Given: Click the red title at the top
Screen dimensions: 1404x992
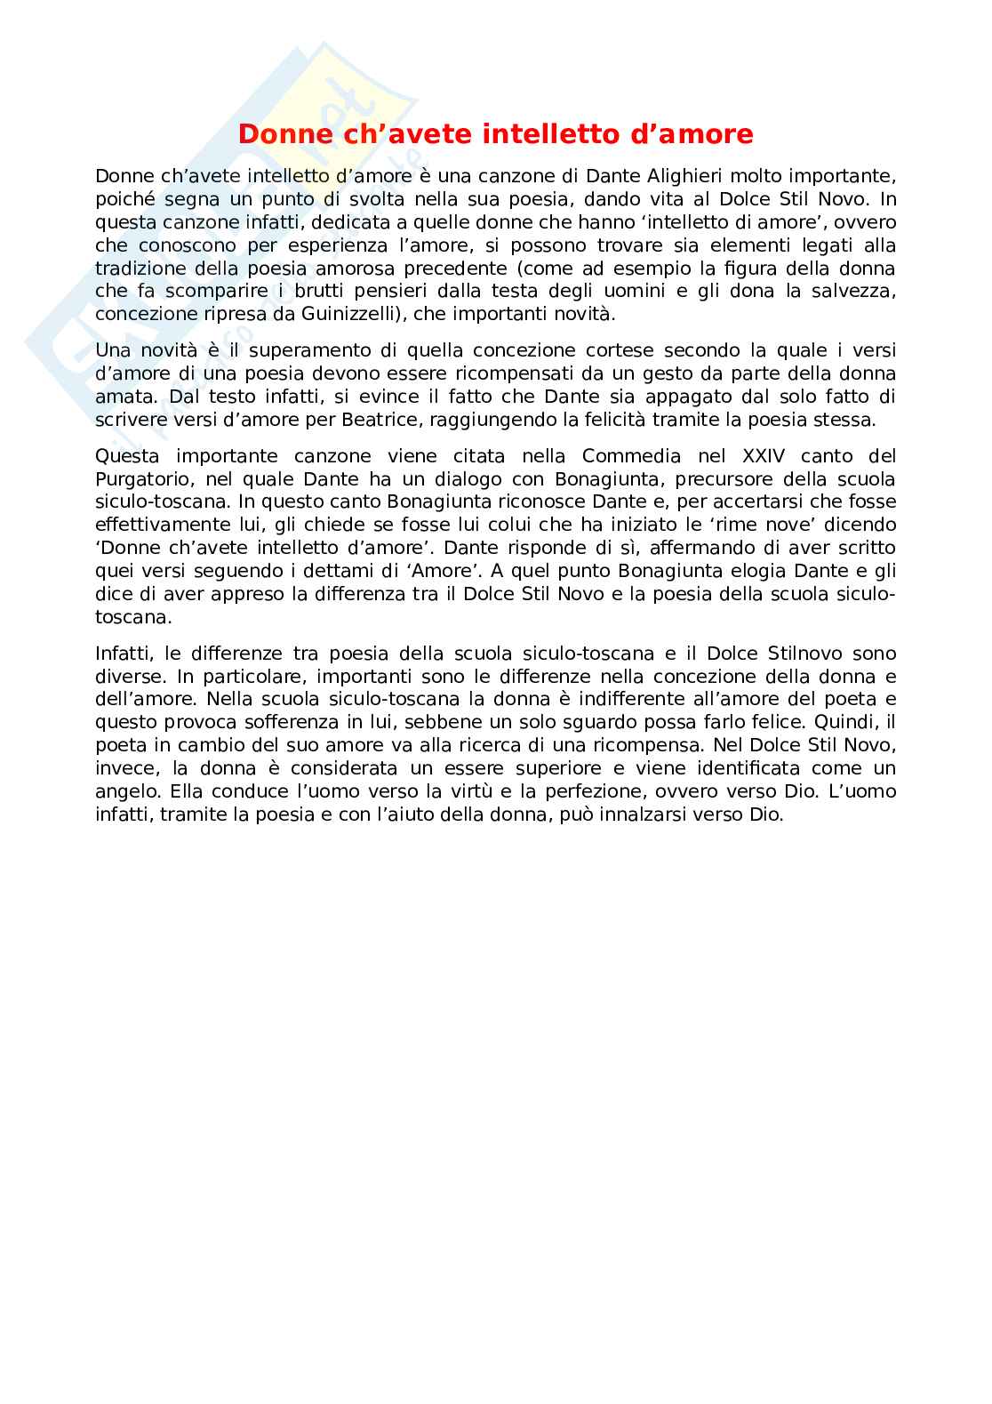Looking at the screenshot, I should [496, 134].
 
